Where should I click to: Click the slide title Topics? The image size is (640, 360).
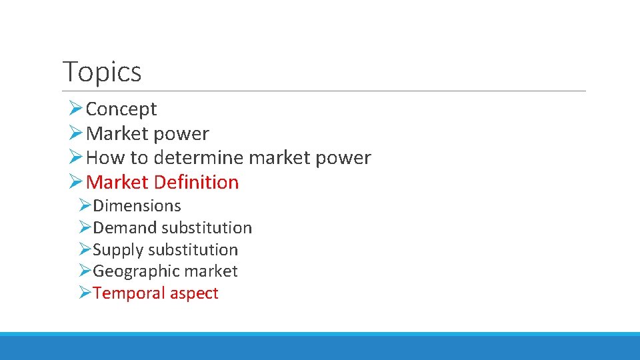102,72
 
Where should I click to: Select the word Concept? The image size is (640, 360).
121,109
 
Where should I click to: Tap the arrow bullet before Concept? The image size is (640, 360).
75,108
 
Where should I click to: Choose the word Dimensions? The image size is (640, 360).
137,206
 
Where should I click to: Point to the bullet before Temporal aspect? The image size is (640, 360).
84,293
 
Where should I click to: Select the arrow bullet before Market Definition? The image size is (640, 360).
75,181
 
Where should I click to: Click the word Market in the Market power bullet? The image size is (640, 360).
117,133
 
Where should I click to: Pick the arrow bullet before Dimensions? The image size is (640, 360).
84,205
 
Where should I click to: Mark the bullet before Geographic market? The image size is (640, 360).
84,271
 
